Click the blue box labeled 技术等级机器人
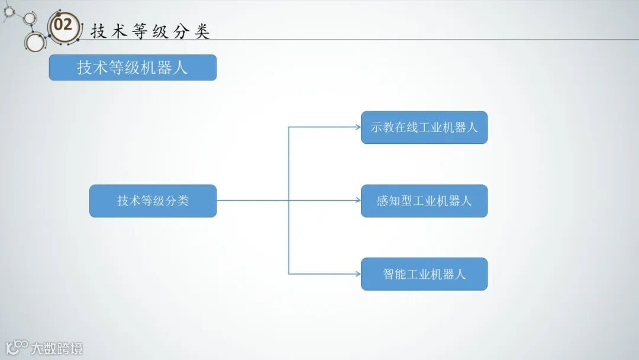133,67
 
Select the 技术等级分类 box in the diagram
153,201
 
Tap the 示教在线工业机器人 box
424,127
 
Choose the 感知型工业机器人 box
424,201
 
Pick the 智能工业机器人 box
424,274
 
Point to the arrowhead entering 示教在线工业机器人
357,127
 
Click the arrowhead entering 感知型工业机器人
357,201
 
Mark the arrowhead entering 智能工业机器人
357,274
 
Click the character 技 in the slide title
98,31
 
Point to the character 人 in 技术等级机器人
180,67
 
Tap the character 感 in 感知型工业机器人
383,201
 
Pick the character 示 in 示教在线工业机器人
377,127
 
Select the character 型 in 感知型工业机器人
406,201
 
